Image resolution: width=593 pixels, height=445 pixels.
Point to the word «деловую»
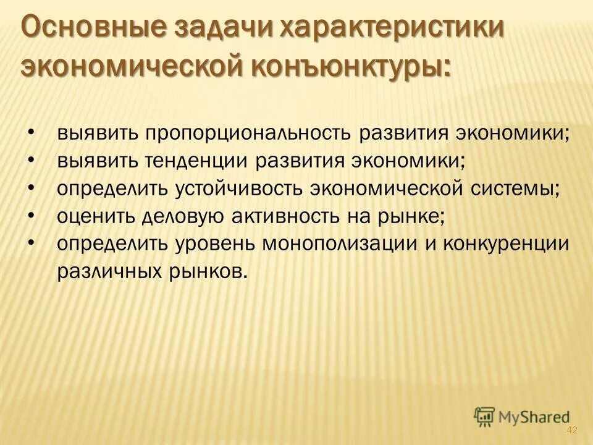coord(179,216)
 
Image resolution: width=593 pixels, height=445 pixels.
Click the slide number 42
coord(571,430)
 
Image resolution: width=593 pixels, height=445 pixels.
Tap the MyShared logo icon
coord(485,417)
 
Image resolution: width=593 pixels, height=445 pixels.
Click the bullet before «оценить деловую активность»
coord(32,215)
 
